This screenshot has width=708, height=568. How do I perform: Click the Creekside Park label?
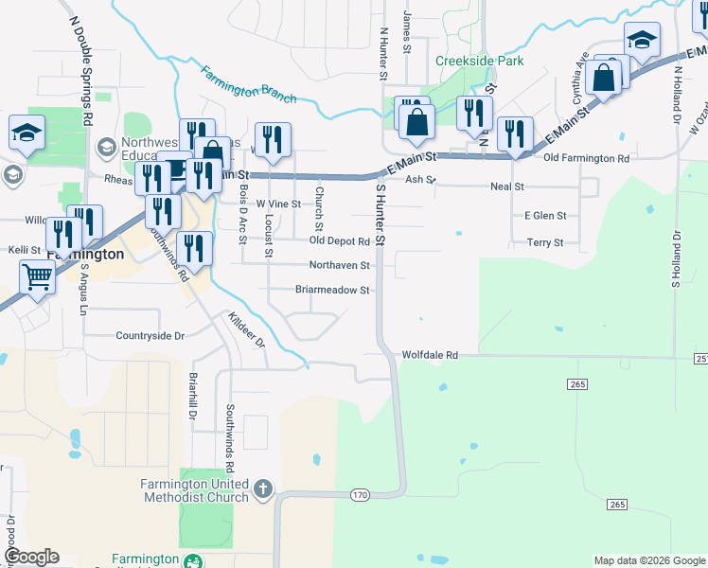[479, 62]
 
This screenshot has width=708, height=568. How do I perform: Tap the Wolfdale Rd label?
[430, 355]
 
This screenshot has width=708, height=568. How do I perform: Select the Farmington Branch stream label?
[248, 84]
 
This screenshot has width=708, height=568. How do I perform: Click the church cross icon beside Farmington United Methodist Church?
[262, 489]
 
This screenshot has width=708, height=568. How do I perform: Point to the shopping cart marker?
[37, 277]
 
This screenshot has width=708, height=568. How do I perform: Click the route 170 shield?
[359, 495]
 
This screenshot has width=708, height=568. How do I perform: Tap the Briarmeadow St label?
[331, 290]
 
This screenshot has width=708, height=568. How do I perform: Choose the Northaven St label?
[338, 265]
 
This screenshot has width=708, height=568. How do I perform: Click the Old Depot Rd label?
[339, 241]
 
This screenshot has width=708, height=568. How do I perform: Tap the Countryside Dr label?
[150, 335]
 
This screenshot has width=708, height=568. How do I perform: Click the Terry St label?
[545, 242]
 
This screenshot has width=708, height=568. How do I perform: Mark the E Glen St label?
[545, 216]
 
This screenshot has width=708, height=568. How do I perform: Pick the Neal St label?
[507, 187]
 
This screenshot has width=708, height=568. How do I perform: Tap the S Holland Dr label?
[677, 260]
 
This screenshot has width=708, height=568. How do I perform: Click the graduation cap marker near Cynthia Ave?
[641, 41]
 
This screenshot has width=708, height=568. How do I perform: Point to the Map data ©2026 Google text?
[648, 560]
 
